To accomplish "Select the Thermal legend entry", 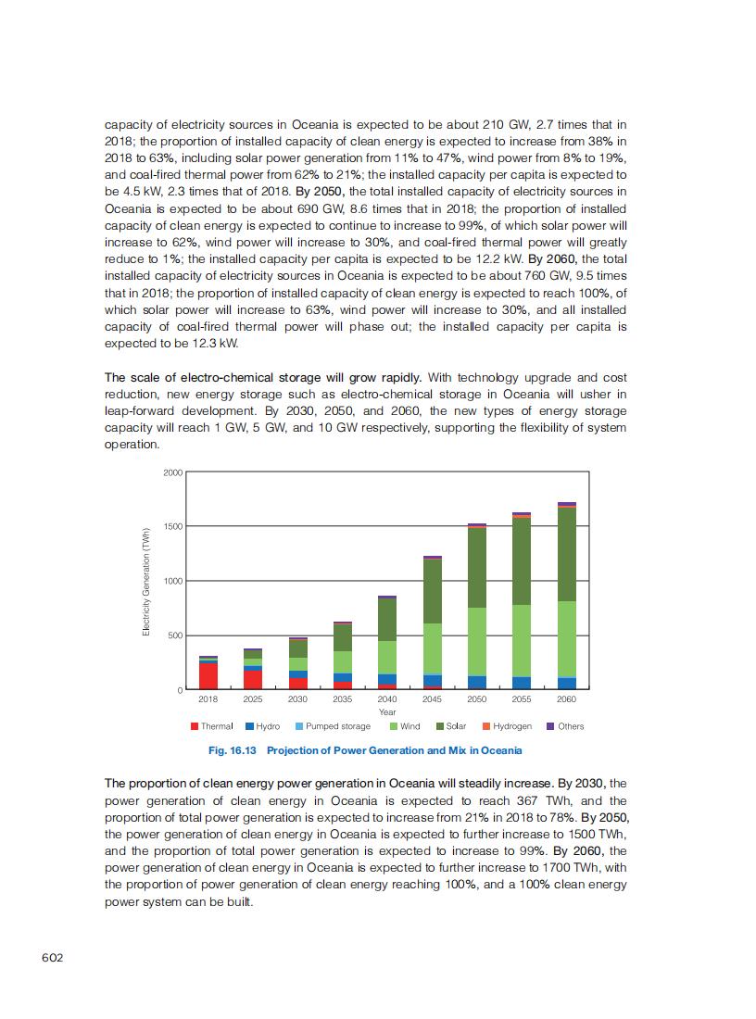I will [212, 726].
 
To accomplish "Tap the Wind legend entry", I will [405, 726].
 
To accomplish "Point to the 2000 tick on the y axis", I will [172, 472].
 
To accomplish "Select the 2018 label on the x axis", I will [208, 699].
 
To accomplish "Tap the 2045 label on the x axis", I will [432, 699].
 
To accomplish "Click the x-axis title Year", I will [387, 711].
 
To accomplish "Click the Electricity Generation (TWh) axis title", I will [146, 581].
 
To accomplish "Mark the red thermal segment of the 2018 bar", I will [208, 675].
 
